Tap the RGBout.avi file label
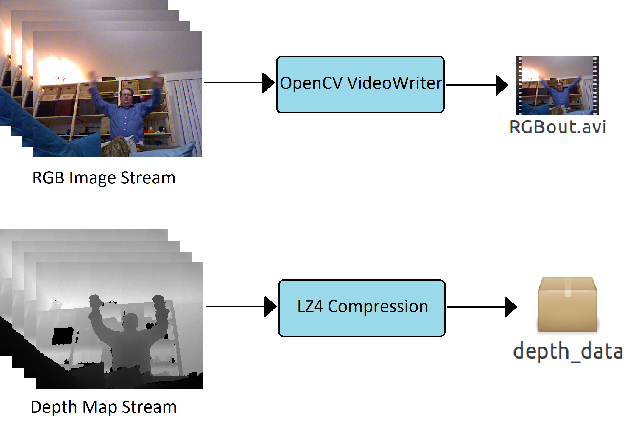coord(558,127)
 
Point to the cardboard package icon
coord(567,304)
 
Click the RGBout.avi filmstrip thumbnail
coord(557,85)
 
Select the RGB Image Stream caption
coord(104,178)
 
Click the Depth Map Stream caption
coord(104,407)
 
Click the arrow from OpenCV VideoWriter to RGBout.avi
coord(477,85)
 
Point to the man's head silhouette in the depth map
coord(130,321)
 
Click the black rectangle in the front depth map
coord(63,336)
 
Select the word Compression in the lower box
coord(378,306)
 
